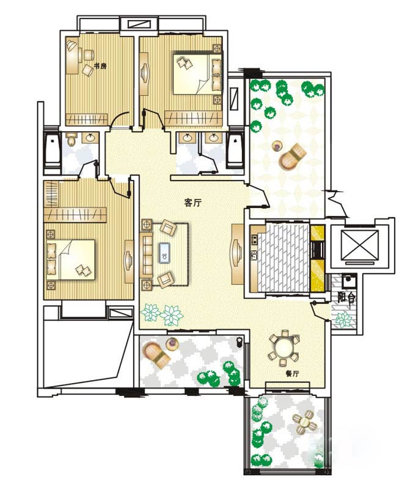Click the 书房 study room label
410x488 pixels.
(x=100, y=66)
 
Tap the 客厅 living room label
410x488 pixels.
(x=193, y=203)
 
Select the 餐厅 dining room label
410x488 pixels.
(x=292, y=373)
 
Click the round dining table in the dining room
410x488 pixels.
(x=284, y=347)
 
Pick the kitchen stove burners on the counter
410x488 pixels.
(x=254, y=239)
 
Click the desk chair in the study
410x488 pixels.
(x=88, y=55)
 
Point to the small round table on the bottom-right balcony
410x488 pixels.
(x=304, y=421)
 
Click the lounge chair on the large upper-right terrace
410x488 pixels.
(x=291, y=156)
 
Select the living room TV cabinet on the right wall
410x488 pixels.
(x=238, y=254)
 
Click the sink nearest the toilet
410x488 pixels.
(x=90, y=138)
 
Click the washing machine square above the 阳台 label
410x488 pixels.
(x=349, y=281)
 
